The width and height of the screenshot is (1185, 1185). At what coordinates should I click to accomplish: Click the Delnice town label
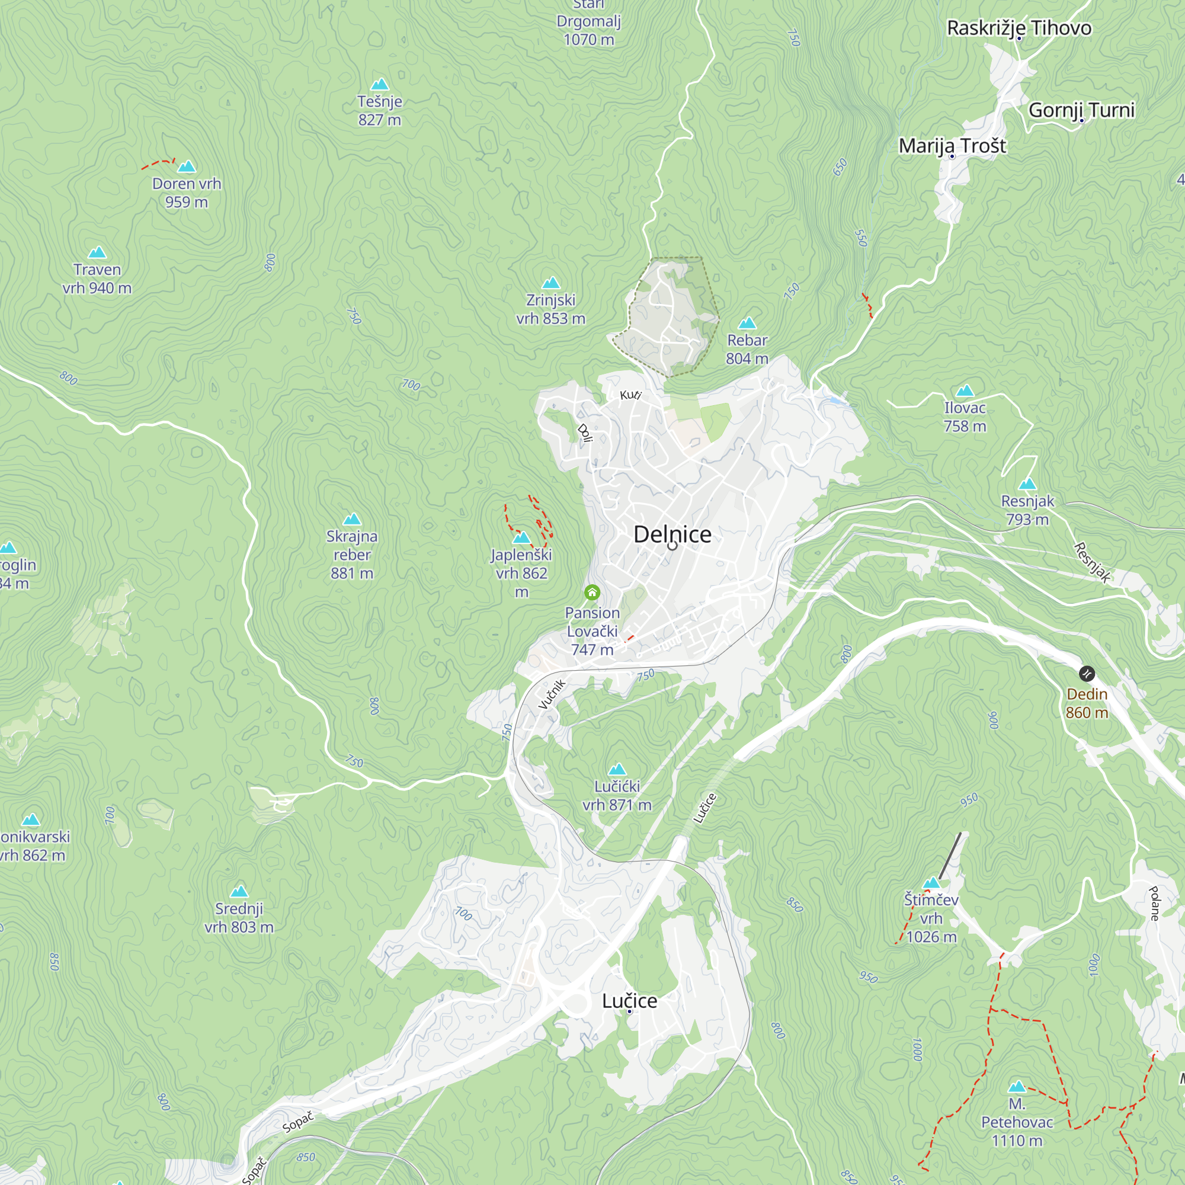point(672,534)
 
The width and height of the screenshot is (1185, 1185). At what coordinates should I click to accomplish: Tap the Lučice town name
point(629,1000)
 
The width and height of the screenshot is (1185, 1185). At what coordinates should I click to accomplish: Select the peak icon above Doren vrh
point(187,166)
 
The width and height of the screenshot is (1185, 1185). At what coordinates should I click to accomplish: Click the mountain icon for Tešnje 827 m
point(380,84)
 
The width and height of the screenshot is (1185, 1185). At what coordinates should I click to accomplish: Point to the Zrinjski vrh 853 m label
point(551,309)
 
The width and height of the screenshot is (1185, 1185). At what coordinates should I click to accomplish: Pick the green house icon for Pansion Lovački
point(592,592)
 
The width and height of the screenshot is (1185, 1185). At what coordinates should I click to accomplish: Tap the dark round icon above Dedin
point(1086,674)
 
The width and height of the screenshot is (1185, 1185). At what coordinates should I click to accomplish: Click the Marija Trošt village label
point(952,146)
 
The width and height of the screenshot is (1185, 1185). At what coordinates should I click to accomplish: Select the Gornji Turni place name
point(1081,110)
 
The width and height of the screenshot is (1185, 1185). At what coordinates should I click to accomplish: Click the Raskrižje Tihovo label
point(1019,28)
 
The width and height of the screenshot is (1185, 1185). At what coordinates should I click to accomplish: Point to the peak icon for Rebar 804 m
point(747,324)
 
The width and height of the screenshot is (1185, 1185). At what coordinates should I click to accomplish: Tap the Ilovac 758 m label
point(965,417)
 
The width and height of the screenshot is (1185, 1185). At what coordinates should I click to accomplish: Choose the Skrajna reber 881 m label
point(352,555)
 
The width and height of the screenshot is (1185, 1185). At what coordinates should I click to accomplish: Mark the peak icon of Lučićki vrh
point(617,769)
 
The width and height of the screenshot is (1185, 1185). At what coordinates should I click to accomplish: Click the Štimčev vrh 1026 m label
point(931,918)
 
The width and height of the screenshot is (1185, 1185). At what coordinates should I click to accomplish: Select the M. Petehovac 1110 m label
point(1017,1122)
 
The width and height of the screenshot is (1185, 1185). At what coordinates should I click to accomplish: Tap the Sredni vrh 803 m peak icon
point(239,891)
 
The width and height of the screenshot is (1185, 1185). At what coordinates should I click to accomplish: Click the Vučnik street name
point(552,694)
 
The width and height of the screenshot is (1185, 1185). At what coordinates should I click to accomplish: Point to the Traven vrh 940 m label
point(97,278)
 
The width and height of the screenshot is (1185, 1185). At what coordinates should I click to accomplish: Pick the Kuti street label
point(630,395)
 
